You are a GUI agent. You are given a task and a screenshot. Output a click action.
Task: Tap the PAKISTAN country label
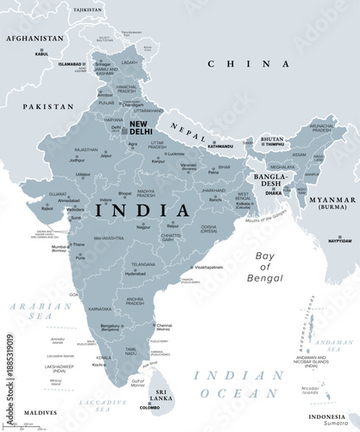[x=48, y=106]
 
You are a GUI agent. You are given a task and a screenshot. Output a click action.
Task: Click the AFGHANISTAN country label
[x=34, y=39]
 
